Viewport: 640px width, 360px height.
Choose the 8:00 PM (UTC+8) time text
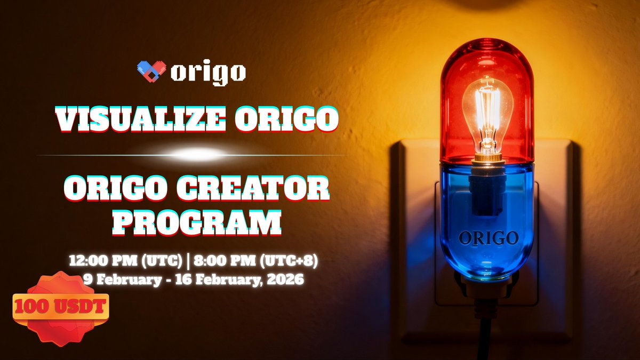point(257,262)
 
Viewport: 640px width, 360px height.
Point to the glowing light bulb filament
point(487,115)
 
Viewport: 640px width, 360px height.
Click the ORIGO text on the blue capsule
point(487,238)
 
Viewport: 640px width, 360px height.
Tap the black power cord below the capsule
point(487,336)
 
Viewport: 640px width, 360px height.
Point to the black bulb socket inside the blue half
point(486,192)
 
